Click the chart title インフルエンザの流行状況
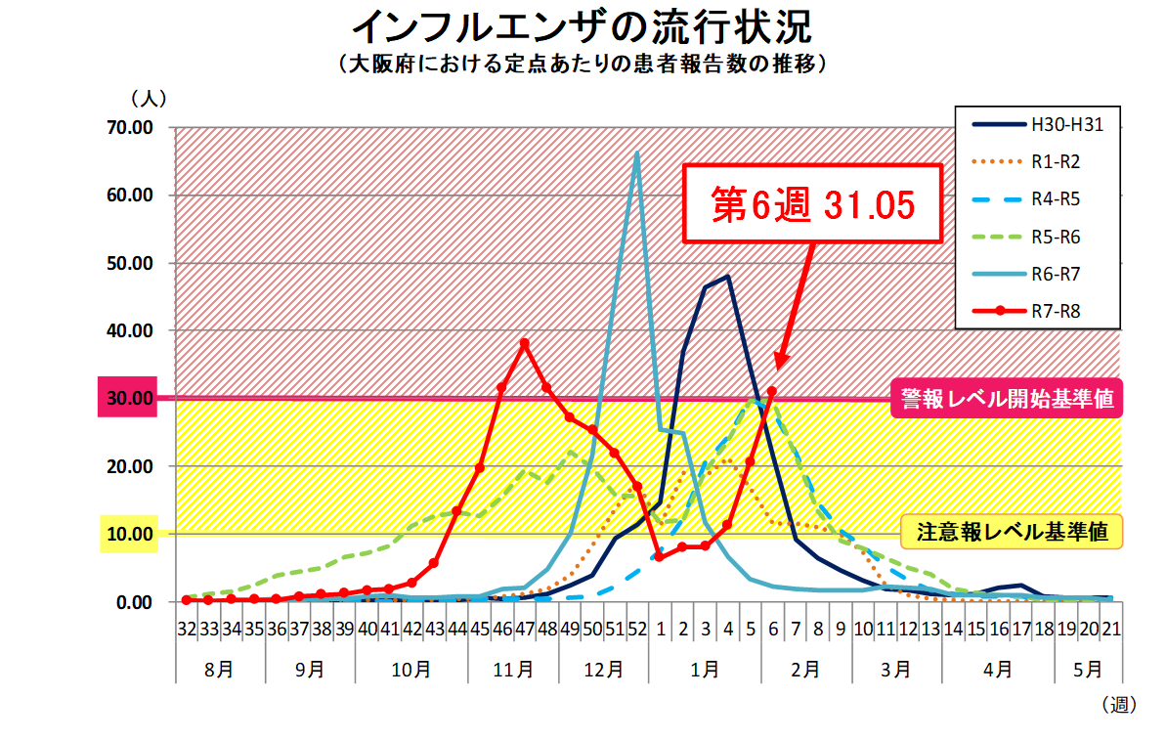click(x=583, y=25)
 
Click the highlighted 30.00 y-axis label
click(x=128, y=399)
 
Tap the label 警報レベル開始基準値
click(x=1008, y=399)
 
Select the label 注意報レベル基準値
click(x=1013, y=533)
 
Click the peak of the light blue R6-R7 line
click(x=637, y=152)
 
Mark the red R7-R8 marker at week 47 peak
click(x=525, y=344)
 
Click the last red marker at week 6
click(x=772, y=391)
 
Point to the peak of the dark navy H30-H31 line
click(x=727, y=277)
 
